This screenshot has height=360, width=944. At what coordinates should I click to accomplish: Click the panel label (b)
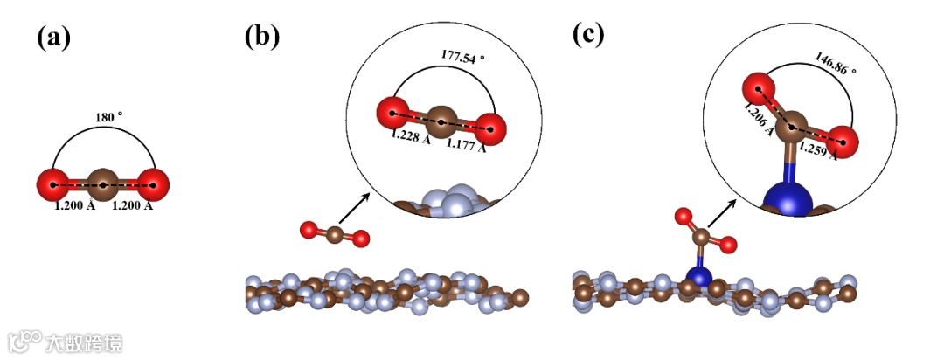263,36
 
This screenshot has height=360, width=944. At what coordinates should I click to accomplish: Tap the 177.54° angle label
459,58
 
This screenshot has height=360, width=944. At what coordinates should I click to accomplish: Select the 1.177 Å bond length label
467,145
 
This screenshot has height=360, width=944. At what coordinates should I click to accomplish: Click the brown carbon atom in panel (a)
103,186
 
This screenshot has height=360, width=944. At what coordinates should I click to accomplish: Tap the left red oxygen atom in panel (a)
53,186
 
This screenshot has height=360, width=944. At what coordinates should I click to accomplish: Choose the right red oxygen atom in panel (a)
153,186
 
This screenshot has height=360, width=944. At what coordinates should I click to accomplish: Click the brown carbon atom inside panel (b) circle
442,120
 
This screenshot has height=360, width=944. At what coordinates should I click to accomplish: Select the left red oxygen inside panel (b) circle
393,113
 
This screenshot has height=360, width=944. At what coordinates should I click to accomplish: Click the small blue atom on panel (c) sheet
698,278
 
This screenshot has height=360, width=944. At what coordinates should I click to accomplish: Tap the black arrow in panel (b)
354,209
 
